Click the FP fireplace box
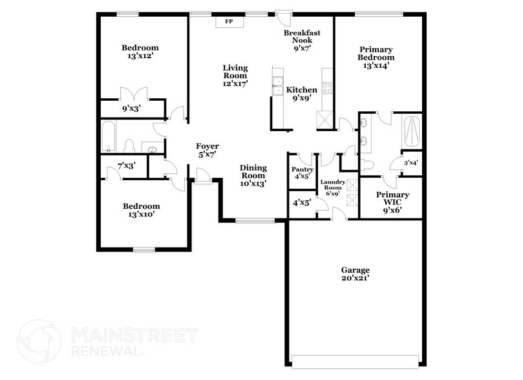(x=228, y=22)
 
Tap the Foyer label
(x=208, y=146)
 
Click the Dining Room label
(x=253, y=172)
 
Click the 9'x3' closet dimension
(x=131, y=109)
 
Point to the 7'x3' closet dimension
(x=126, y=166)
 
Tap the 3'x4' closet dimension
(x=411, y=163)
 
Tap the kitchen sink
(x=277, y=82)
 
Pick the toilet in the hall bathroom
(x=129, y=145)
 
